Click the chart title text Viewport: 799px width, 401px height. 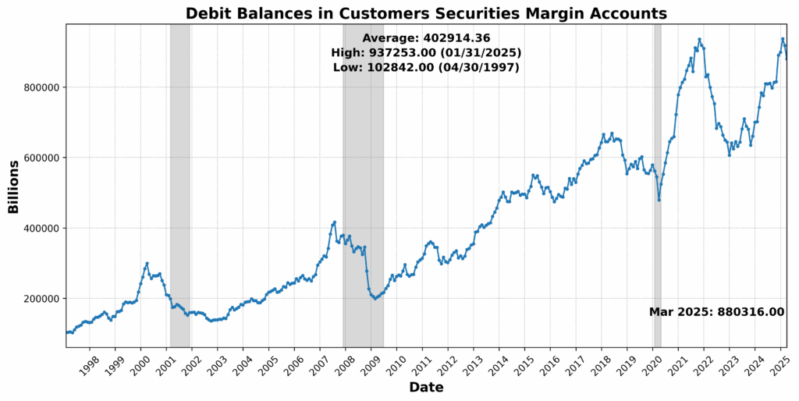coord(426,13)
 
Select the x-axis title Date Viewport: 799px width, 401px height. coord(426,388)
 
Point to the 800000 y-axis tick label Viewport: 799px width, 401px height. coord(41,87)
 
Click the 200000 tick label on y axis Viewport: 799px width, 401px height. coord(41,299)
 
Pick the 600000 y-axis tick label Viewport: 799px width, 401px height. coord(41,158)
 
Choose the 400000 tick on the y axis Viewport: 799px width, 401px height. coord(41,229)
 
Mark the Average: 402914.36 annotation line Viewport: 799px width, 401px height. coord(426,38)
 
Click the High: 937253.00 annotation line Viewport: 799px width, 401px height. coord(426,53)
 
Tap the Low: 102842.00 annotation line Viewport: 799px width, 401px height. coord(426,68)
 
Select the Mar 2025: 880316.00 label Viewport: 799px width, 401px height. coord(716,312)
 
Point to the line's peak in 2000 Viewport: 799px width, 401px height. coord(147,264)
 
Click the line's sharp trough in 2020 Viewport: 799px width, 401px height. coord(659,200)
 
